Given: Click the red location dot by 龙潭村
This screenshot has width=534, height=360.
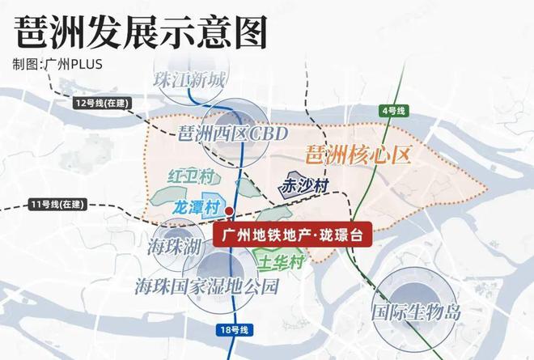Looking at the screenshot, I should pyautogui.click(x=230, y=212).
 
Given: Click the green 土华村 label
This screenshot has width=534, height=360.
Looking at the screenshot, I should pyautogui.click(x=280, y=263).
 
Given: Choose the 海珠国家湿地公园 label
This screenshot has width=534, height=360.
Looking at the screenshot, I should pyautogui.click(x=207, y=286).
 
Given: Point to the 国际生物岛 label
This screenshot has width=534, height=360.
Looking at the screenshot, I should pyautogui.click(x=415, y=311).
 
